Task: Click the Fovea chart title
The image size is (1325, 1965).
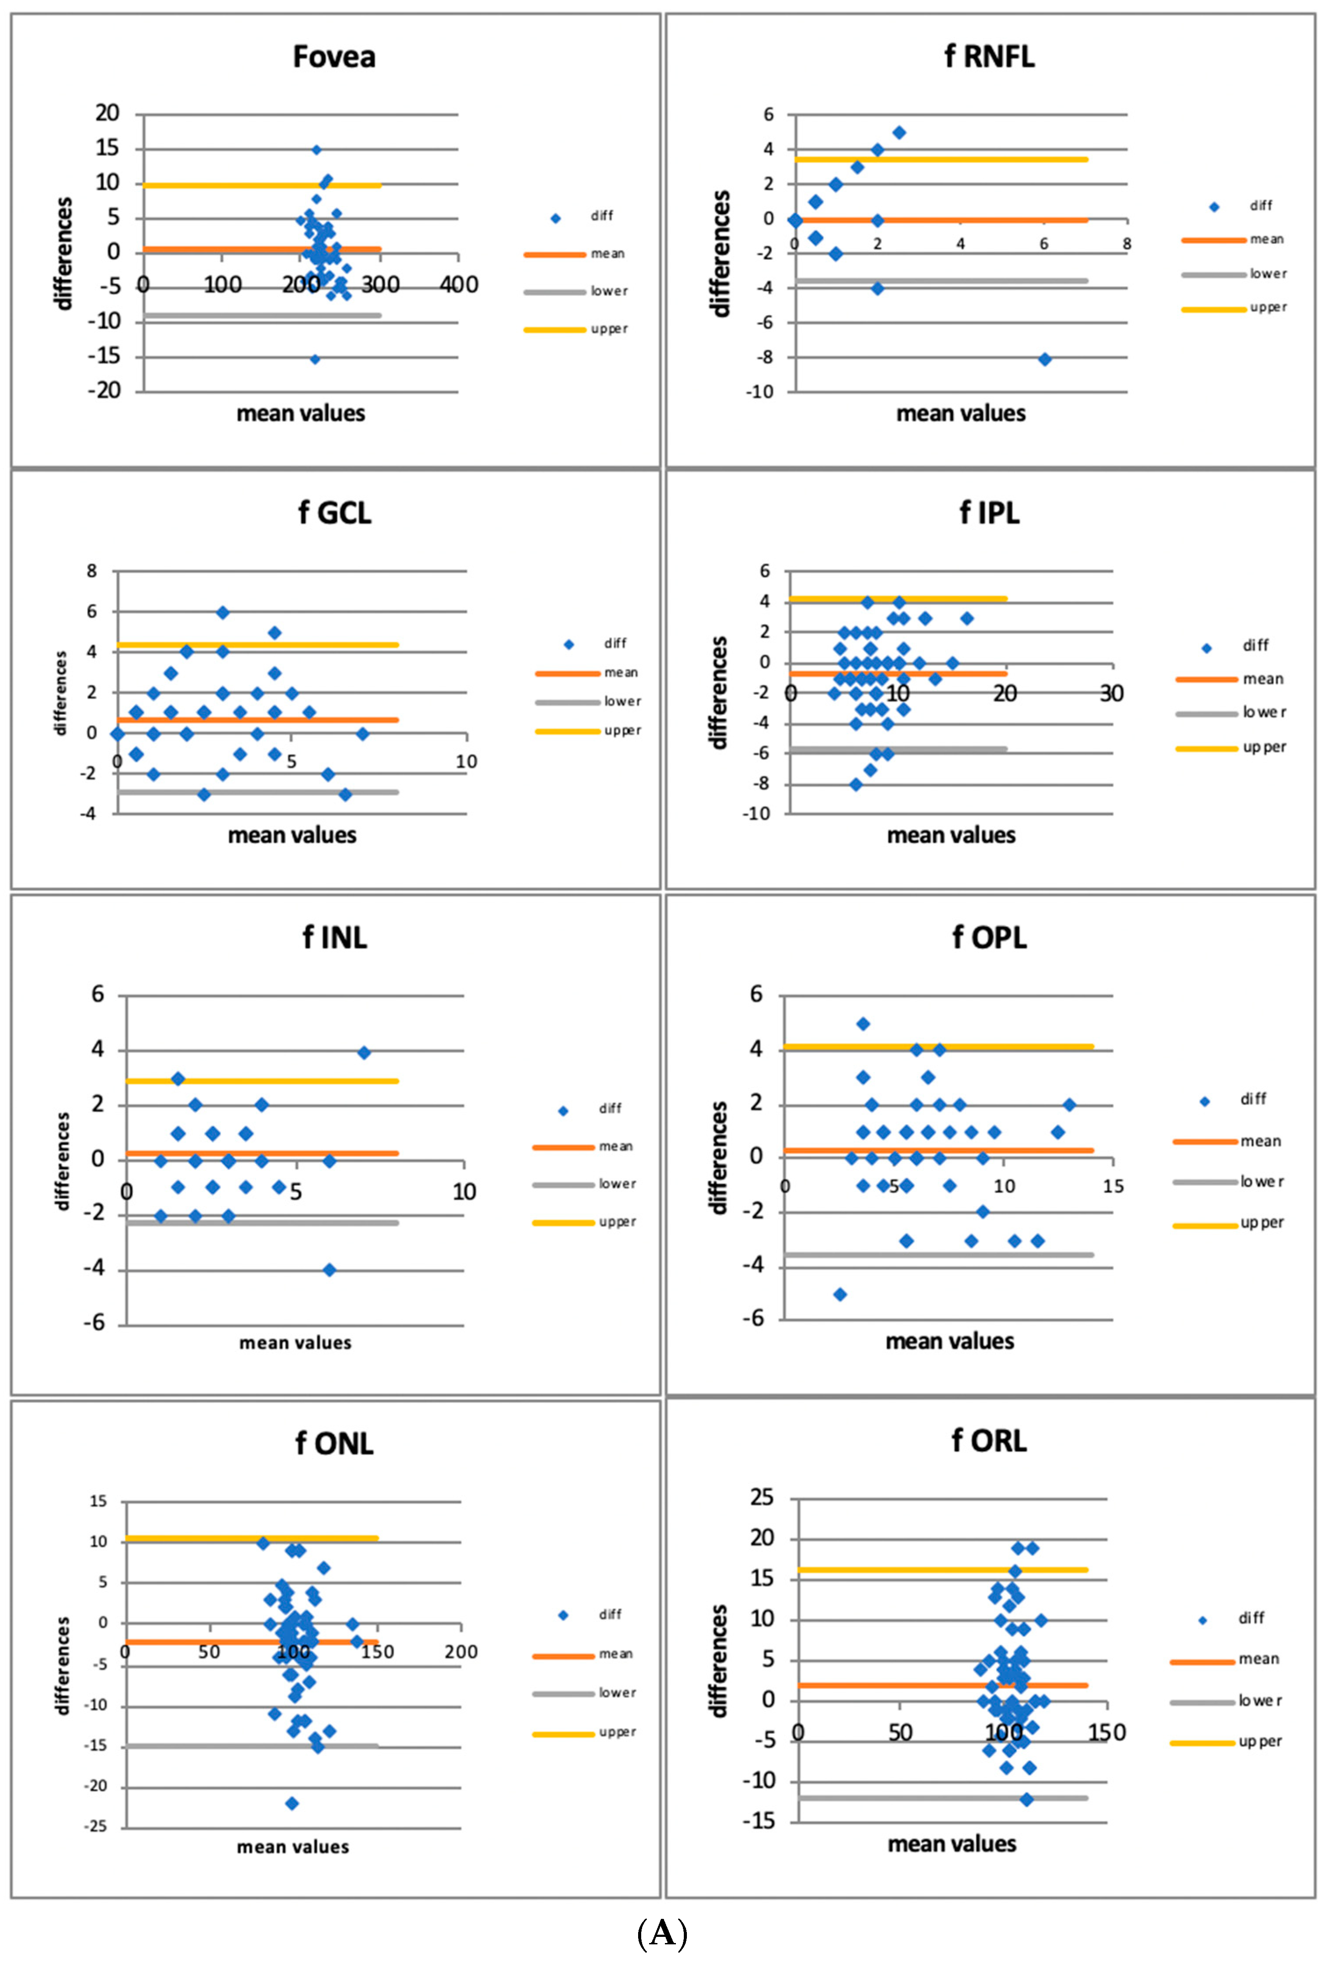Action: pos(334,57)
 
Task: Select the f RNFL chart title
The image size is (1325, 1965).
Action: pos(989,57)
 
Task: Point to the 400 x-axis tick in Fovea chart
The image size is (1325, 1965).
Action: pos(459,285)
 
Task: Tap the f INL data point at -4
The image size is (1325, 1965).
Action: pos(330,1269)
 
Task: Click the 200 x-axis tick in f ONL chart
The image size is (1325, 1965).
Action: pos(461,1652)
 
